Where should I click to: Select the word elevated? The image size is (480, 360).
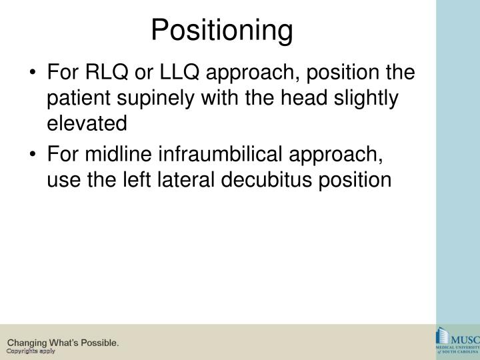pyautogui.click(x=87, y=124)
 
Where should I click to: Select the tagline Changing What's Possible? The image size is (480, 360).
pyautogui.click(x=63, y=342)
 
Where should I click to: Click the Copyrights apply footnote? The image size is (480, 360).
pyautogui.click(x=31, y=351)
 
